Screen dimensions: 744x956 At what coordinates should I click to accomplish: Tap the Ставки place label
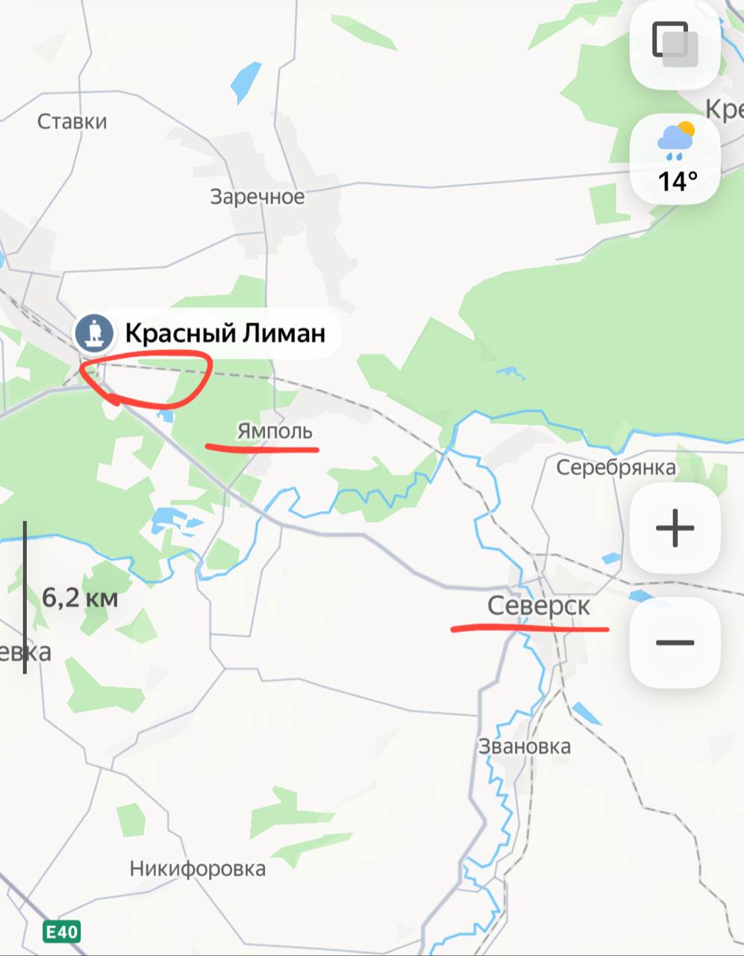click(72, 121)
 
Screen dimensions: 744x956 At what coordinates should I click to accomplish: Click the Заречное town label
click(257, 196)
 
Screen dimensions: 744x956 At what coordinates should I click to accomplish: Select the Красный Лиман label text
click(225, 332)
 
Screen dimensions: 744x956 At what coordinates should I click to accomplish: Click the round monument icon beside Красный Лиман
click(94, 332)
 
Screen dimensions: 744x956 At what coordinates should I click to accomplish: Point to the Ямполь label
click(275, 431)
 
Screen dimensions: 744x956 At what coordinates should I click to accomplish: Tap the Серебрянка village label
click(616, 468)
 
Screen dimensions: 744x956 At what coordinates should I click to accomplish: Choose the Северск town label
click(539, 606)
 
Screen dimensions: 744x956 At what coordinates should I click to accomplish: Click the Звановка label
click(525, 746)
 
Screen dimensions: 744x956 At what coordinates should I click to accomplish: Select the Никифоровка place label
click(198, 869)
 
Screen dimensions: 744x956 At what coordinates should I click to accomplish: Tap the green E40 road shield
click(61, 931)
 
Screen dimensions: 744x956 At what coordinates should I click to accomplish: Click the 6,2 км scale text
click(80, 597)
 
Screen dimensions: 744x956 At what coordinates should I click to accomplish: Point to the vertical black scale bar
click(25, 597)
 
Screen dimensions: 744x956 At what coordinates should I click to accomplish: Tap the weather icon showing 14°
click(675, 158)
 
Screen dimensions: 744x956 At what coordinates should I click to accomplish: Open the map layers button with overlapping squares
click(675, 45)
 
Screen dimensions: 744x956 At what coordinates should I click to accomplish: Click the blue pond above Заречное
click(246, 81)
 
